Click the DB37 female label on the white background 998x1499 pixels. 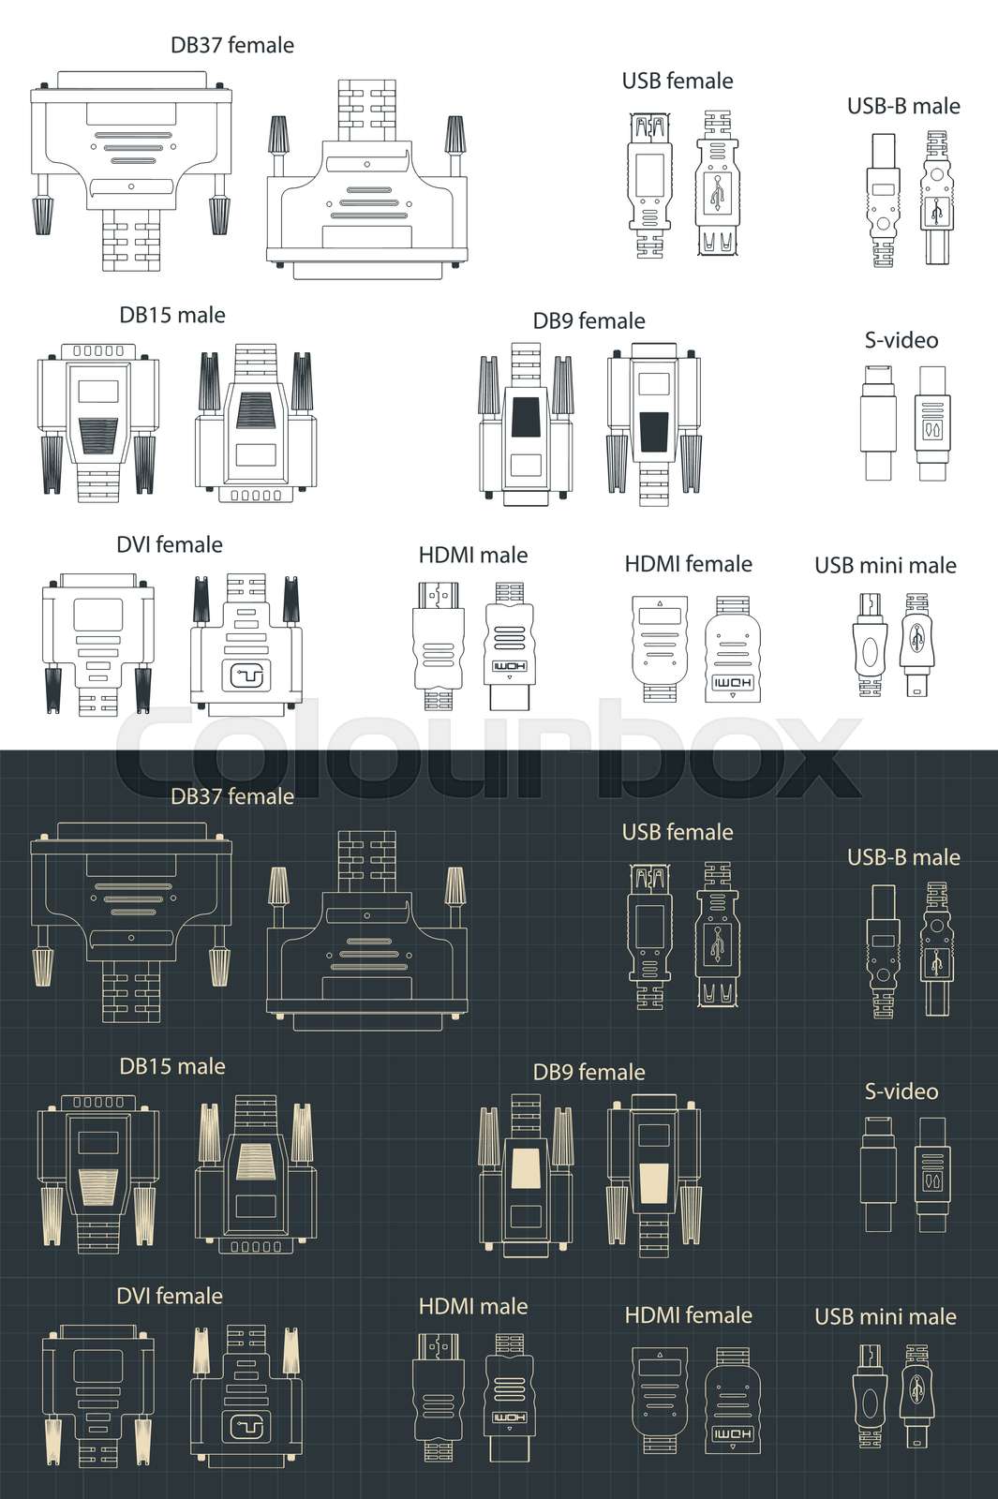pyautogui.click(x=231, y=45)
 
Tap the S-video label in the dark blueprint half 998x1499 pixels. pyautogui.click(x=901, y=1091)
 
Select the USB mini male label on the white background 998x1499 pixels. pyautogui.click(x=885, y=566)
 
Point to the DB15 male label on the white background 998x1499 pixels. pyautogui.click(x=171, y=315)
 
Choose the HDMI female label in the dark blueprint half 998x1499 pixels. pyautogui.click(x=688, y=1315)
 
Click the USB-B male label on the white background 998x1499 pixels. pyautogui.click(x=903, y=106)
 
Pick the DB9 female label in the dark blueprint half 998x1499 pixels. pyautogui.click(x=588, y=1072)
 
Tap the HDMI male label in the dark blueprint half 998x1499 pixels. pyautogui.click(x=472, y=1306)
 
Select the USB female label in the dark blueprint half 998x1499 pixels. pyautogui.click(x=677, y=832)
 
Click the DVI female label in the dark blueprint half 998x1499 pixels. pyautogui.click(x=169, y=1296)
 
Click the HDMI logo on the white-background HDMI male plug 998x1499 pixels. pyautogui.click(x=509, y=668)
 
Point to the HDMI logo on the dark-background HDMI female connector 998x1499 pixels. pyautogui.click(x=732, y=1433)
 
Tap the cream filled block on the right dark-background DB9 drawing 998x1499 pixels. pyautogui.click(x=653, y=1179)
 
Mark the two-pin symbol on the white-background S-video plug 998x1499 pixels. pyautogui.click(x=932, y=429)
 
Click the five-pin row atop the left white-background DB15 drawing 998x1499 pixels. pyautogui.click(x=97, y=351)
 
